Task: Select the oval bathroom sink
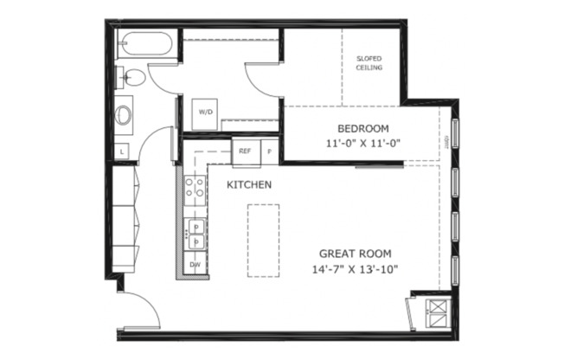[x=125, y=113]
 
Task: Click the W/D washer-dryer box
[x=206, y=112]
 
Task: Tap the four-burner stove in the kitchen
[x=194, y=189]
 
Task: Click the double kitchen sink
[x=195, y=233]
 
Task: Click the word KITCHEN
[x=250, y=184]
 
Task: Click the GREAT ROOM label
[x=356, y=254]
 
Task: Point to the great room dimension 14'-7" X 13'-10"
[x=356, y=269]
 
